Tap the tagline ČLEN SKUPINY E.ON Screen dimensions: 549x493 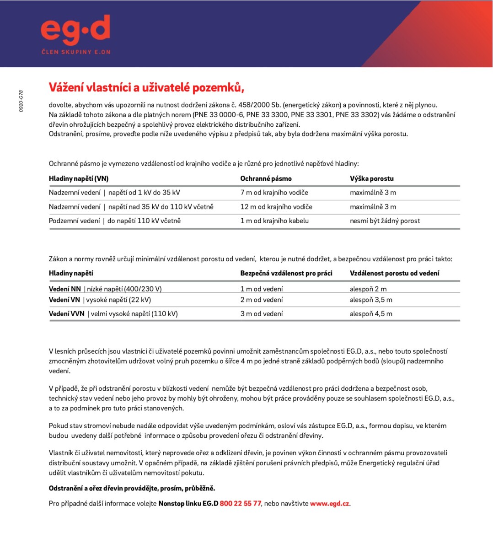(x=76, y=52)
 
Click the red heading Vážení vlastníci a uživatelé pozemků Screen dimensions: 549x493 (x=143, y=87)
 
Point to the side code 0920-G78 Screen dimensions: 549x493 (x=21, y=101)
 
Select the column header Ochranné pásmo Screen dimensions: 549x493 (x=266, y=178)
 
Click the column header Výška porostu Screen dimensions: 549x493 (x=371, y=178)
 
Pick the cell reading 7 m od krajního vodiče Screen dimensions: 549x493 (x=274, y=193)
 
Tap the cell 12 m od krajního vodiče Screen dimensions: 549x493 (x=276, y=207)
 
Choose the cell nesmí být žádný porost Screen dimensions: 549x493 (x=385, y=221)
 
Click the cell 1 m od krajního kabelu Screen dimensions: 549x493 (x=274, y=221)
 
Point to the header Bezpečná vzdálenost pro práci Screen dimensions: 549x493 (x=286, y=273)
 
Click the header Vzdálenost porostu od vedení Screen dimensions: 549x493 (x=394, y=273)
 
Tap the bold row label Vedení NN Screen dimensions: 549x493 (x=65, y=289)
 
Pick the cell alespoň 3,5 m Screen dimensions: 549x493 (x=371, y=300)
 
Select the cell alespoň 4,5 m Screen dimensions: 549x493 (x=371, y=314)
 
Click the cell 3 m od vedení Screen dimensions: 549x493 (x=262, y=314)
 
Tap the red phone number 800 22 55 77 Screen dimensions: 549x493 (x=240, y=504)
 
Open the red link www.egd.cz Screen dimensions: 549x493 (x=329, y=504)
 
